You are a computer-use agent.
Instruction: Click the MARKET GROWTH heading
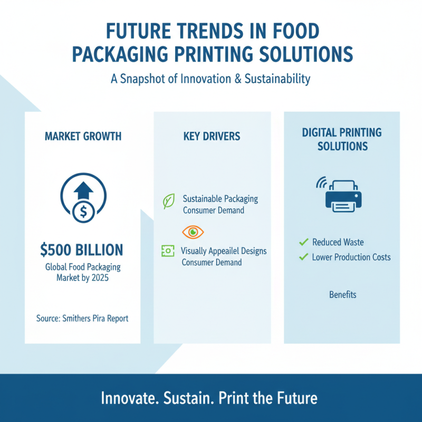point(83,137)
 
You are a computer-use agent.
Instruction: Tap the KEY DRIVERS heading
point(212,137)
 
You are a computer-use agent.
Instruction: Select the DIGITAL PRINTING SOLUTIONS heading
point(342,139)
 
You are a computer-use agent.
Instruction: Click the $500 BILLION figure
point(82,249)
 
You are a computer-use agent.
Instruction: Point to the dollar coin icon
point(82,212)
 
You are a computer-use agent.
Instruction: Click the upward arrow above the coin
point(82,190)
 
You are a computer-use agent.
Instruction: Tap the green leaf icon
point(169,202)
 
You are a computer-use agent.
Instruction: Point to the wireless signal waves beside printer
point(321,183)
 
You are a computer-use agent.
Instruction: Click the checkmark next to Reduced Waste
point(303,242)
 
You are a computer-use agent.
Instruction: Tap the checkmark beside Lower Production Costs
point(303,257)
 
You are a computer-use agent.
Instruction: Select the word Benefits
point(342,294)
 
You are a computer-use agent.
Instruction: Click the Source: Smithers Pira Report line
point(82,318)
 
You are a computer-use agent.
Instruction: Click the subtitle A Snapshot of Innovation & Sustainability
point(211,79)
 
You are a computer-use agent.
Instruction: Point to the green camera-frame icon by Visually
point(167,252)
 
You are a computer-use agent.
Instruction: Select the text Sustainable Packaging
point(220,199)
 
